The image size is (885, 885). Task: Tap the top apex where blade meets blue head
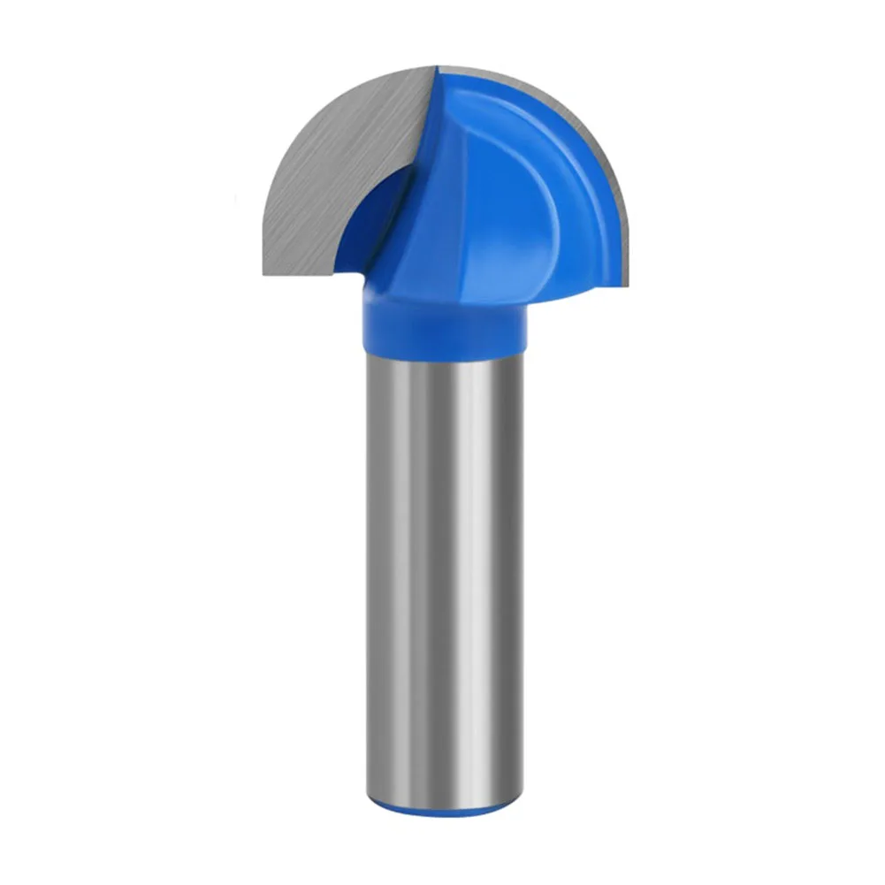coord(438,66)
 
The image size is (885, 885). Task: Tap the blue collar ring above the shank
coord(442,323)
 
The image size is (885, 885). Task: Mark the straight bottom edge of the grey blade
coord(301,274)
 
